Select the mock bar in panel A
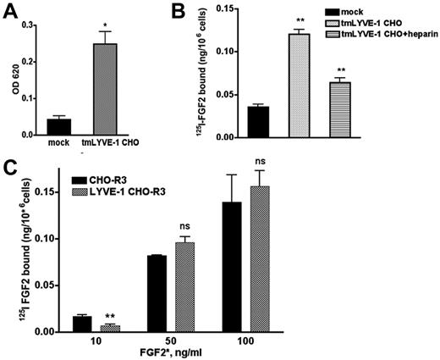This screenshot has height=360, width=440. (x=59, y=126)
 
